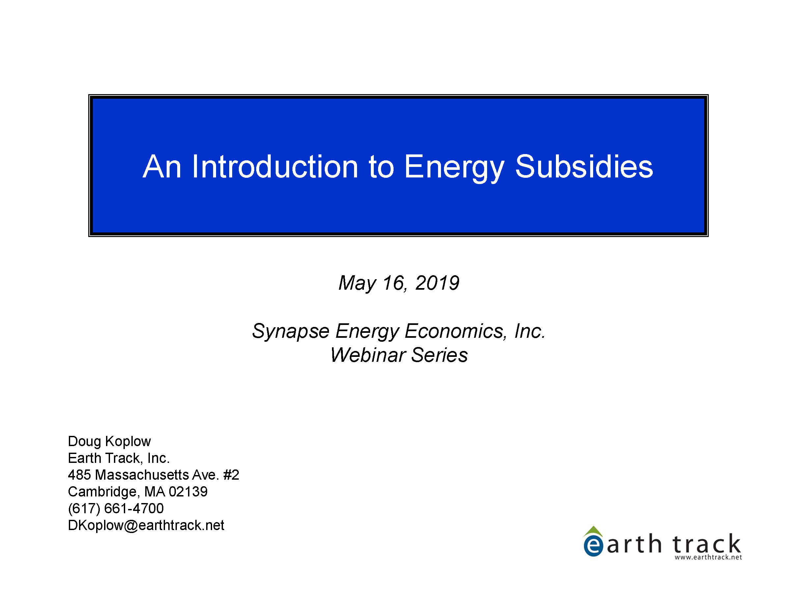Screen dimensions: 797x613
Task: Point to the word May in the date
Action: [357, 283]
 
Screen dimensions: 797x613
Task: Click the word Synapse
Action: [291, 332]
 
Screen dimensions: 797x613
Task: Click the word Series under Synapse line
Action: [440, 355]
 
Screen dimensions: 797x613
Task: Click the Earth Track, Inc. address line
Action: [119, 458]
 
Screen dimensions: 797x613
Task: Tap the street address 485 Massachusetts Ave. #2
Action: [153, 475]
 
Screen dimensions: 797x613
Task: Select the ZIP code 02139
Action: [188, 492]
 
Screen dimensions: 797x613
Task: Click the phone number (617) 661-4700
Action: [116, 509]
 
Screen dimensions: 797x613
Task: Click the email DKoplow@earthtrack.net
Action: [146, 525]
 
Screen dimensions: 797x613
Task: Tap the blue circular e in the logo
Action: [593, 546]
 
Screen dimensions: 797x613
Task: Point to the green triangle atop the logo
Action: [593, 531]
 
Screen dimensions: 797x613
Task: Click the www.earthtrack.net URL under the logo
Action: [708, 557]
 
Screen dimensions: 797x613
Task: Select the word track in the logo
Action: [707, 543]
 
